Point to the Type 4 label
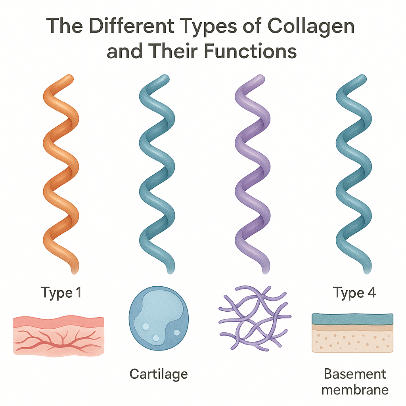click(x=354, y=293)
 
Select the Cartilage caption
click(x=159, y=373)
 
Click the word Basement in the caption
click(x=354, y=373)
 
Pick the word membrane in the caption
click(x=354, y=389)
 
